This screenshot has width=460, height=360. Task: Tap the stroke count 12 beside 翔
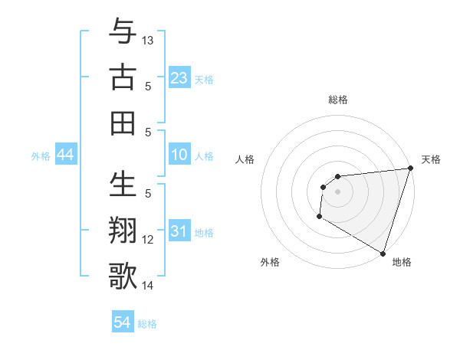click(x=148, y=240)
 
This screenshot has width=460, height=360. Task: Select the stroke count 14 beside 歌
click(x=148, y=286)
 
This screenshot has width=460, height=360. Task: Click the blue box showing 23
click(x=179, y=78)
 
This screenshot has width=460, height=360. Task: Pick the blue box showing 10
click(x=179, y=155)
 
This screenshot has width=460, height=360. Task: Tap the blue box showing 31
click(x=179, y=231)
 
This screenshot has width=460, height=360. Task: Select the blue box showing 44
click(x=66, y=155)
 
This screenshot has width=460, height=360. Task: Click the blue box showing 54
click(x=123, y=322)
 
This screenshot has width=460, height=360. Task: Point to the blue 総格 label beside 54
click(x=147, y=324)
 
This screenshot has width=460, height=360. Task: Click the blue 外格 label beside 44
click(x=41, y=156)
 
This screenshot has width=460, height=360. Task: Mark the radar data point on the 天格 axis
click(x=409, y=169)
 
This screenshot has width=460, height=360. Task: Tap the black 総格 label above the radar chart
click(x=337, y=100)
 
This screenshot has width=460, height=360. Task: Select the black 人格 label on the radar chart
click(x=245, y=159)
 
